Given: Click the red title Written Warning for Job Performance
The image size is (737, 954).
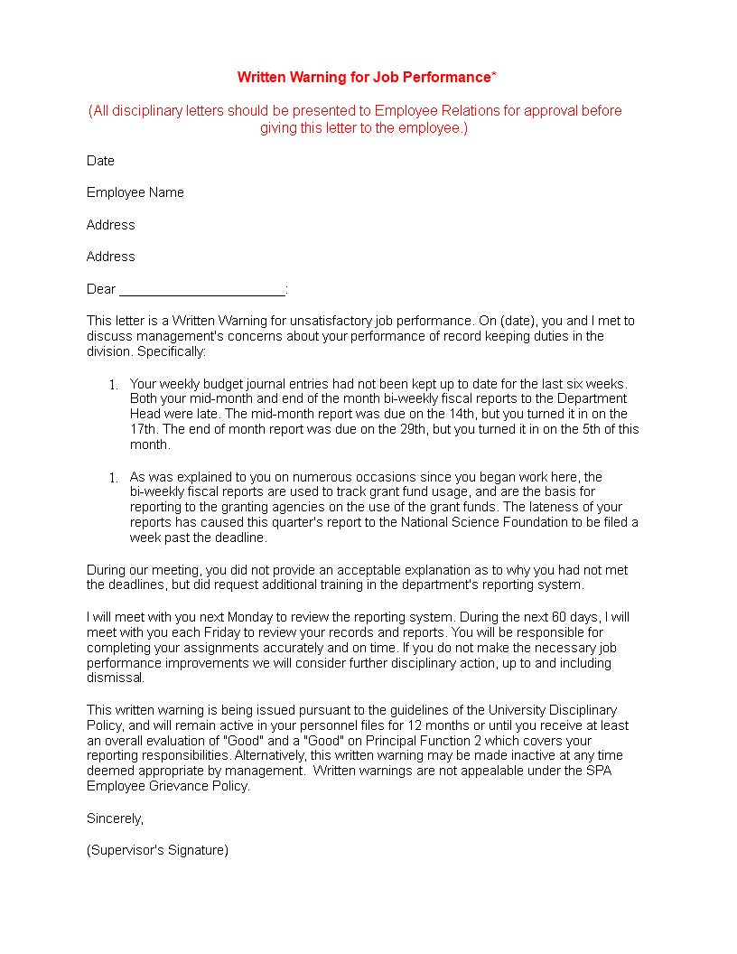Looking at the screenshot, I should point(363,78).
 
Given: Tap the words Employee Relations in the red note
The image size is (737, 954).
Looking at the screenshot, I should point(430,111).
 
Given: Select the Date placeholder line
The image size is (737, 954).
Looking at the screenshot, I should point(100,161).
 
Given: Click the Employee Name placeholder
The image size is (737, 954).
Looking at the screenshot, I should point(135,192).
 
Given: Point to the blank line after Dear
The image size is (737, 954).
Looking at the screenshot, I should point(202,290).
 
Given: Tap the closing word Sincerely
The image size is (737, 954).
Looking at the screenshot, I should point(115,818).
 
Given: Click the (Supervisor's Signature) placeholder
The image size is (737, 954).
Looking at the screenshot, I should point(157,850).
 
